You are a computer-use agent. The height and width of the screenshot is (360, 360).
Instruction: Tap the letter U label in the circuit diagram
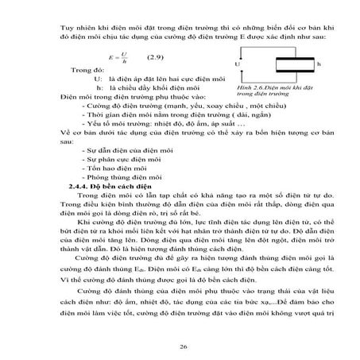click(x=237, y=64)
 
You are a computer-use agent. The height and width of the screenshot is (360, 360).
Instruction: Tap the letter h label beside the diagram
click(x=319, y=63)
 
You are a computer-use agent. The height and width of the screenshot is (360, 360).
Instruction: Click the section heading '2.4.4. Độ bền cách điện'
click(x=103, y=184)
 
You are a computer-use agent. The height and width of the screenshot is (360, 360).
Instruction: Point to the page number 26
click(x=184, y=347)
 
